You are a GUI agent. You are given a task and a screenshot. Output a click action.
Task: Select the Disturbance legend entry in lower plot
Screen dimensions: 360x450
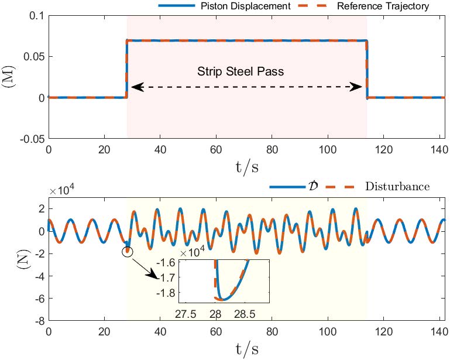coord(397,187)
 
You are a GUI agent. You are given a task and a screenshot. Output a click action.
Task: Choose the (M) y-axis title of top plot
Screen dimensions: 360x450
coord(12,77)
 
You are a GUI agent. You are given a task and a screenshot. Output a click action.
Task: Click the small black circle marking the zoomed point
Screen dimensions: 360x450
coord(128,252)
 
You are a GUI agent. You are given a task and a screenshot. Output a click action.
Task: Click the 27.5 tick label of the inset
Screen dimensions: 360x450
coord(186,314)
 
